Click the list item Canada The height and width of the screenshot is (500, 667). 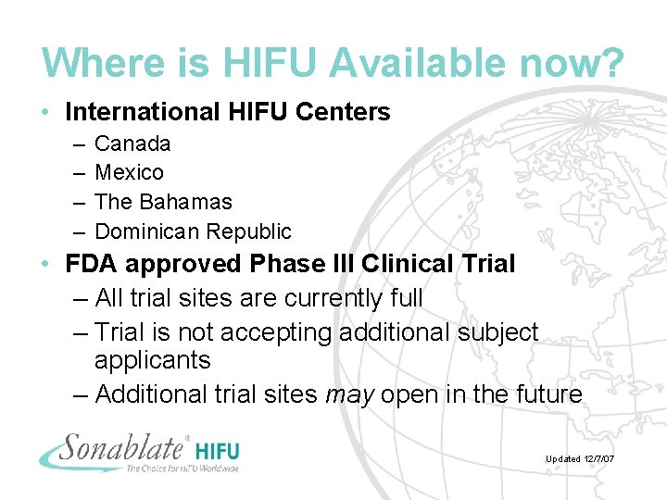(132, 144)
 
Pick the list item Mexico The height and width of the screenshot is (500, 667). (129, 172)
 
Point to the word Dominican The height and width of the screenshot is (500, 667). (146, 231)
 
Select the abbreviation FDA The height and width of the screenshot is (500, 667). (91, 264)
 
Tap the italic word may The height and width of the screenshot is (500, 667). (349, 394)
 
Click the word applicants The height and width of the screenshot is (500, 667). (153, 361)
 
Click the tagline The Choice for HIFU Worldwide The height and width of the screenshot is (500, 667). (182, 469)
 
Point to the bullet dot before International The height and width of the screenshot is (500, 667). (46, 113)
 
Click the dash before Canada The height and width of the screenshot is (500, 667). (75, 144)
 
